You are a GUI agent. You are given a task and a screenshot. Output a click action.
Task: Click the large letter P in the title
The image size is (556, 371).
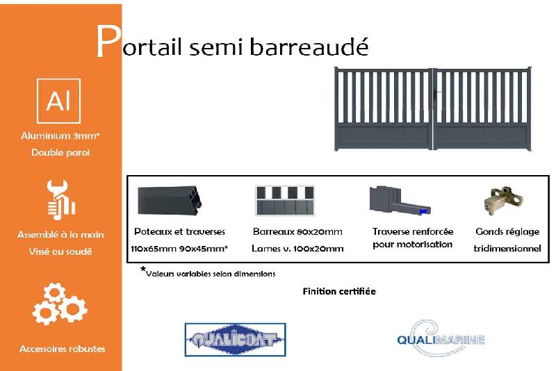pyautogui.click(x=107, y=43)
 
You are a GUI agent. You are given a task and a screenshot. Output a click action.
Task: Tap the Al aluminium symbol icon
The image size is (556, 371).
pyautogui.click(x=58, y=101)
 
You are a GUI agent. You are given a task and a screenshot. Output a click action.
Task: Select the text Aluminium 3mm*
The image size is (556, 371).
pyautogui.click(x=60, y=136)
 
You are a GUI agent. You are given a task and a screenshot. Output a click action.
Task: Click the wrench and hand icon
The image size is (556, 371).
pyautogui.click(x=60, y=199)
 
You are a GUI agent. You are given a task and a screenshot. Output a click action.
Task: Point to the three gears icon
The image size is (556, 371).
pyautogui.click(x=60, y=304)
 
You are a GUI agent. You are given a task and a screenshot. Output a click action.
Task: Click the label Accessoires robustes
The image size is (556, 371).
pyautogui.click(x=62, y=348)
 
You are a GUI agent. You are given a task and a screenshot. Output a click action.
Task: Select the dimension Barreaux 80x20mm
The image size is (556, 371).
pyautogui.click(x=297, y=231)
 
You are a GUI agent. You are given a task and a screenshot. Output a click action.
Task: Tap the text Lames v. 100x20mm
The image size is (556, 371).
pyautogui.click(x=297, y=248)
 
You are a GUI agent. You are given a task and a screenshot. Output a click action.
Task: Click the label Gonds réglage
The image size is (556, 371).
pyautogui.click(x=507, y=231)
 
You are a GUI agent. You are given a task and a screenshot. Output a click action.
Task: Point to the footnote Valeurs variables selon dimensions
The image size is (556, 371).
pyautogui.click(x=211, y=274)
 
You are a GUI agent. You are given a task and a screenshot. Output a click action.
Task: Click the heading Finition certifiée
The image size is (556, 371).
pyautogui.click(x=338, y=291)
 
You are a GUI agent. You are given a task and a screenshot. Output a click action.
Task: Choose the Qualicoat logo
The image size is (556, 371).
pyautogui.click(x=235, y=340)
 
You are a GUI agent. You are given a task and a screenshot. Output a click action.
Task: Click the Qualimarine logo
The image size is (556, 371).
pyautogui.click(x=440, y=338)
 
